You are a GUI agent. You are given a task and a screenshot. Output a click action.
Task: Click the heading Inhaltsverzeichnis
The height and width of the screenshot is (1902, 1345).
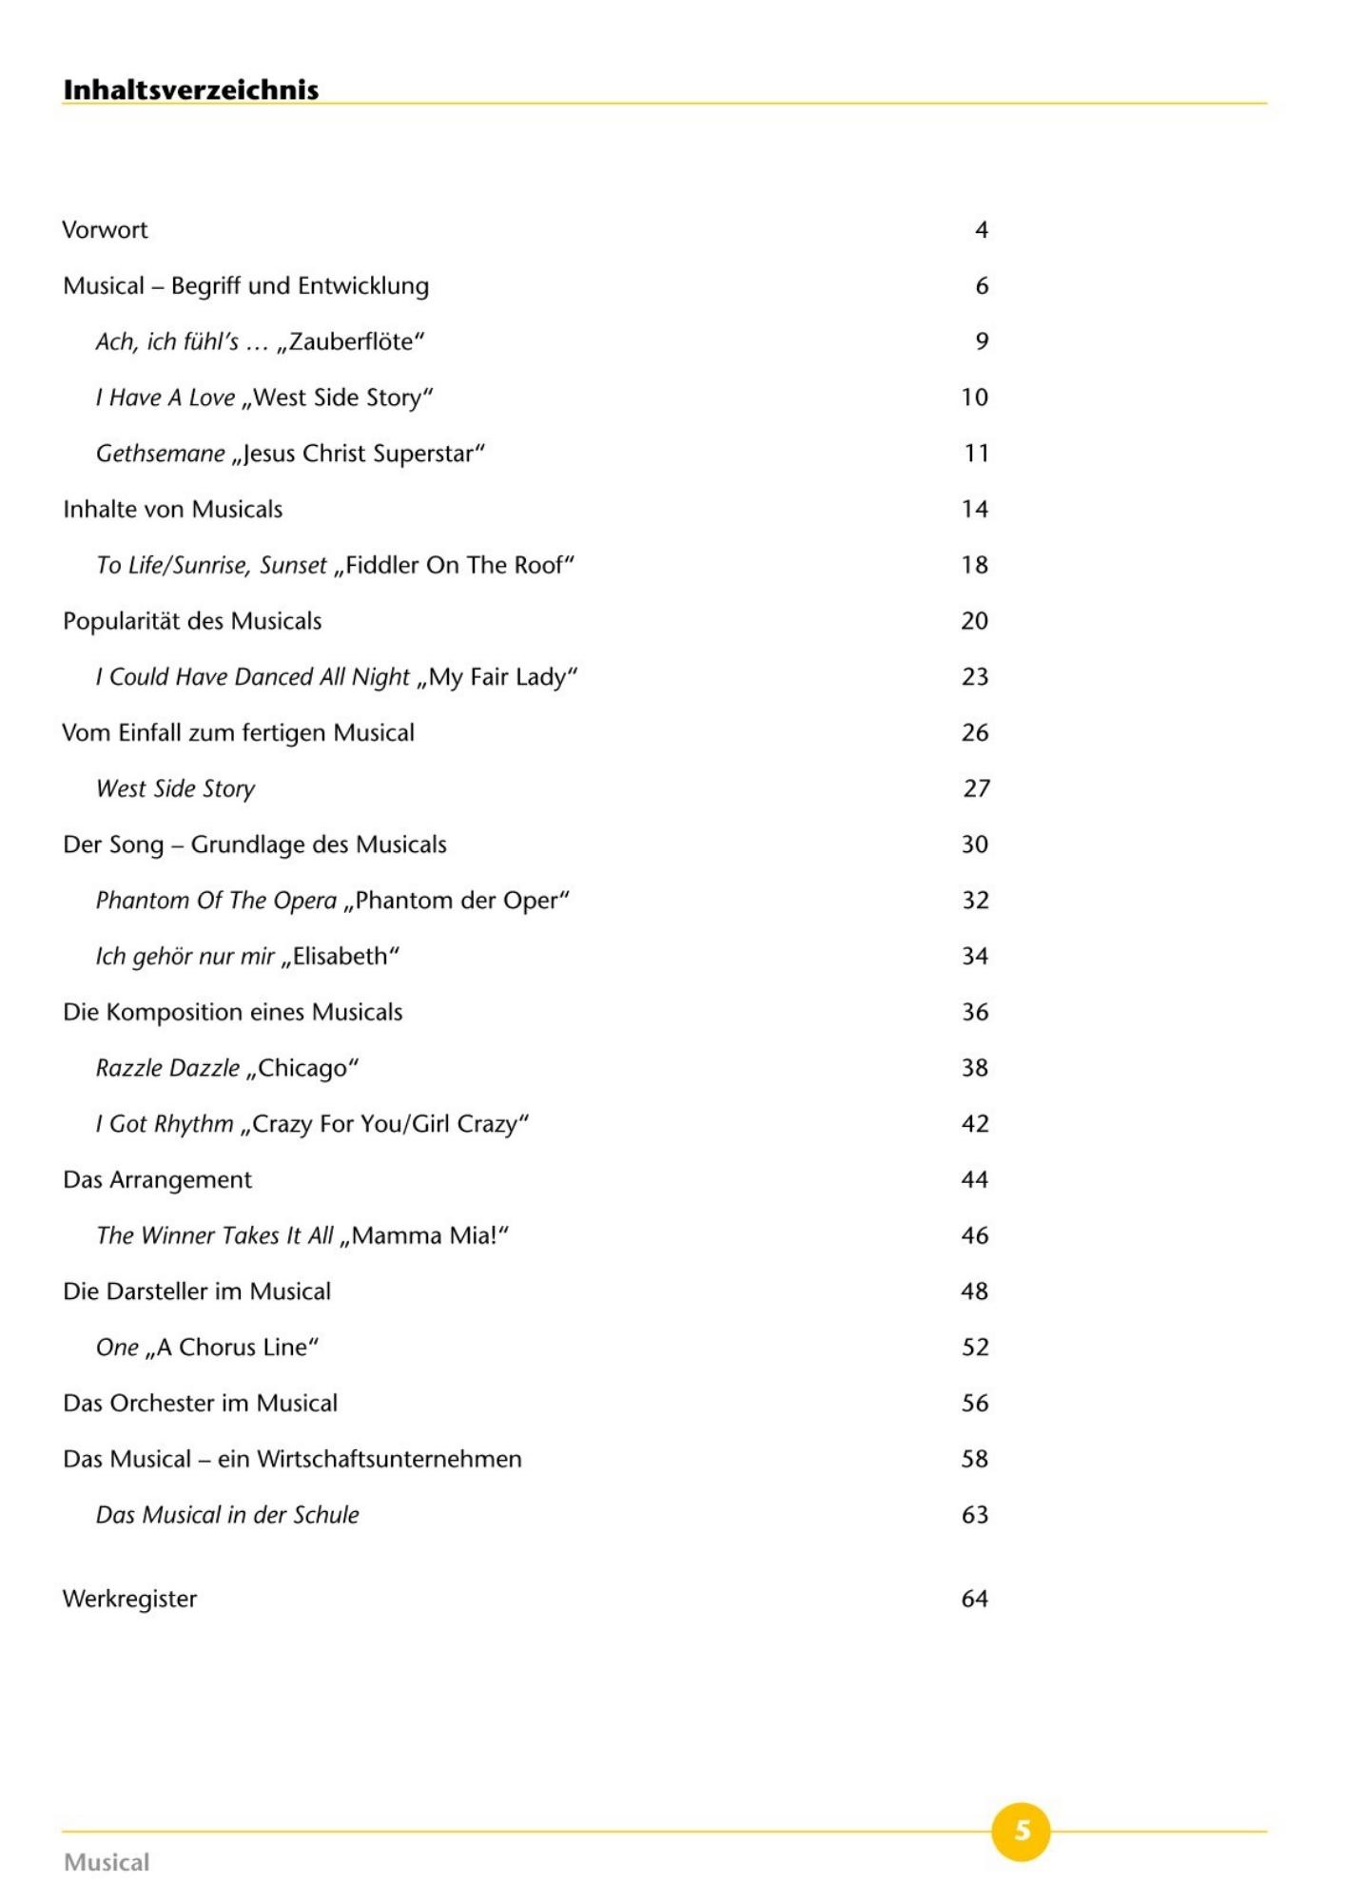tap(190, 89)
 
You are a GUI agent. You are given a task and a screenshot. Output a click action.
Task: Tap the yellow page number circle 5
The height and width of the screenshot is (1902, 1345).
tap(1021, 1830)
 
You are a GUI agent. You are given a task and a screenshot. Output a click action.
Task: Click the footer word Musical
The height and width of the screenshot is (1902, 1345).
tap(107, 1862)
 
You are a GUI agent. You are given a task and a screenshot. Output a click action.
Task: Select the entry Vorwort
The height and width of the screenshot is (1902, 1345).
tap(105, 230)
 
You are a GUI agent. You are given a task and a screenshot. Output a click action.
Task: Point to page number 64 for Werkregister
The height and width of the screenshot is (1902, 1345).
tap(974, 1599)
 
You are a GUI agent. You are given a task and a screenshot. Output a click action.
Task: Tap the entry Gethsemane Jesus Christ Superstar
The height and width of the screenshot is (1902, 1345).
tap(290, 454)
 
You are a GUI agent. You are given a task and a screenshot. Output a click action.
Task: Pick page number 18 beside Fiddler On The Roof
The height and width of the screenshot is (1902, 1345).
tap(974, 565)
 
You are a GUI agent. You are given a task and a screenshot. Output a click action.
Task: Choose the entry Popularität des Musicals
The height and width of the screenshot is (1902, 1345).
tap(192, 621)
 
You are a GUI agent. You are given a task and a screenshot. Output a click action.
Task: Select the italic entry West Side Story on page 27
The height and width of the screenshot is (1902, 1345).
tap(175, 789)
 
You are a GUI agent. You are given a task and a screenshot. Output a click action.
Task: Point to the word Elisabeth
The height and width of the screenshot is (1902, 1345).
tap(341, 957)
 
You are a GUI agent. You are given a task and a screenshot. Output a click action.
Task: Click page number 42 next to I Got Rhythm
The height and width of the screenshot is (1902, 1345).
tap(974, 1124)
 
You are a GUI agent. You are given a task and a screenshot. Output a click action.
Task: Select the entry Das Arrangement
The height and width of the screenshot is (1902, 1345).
tap(157, 1180)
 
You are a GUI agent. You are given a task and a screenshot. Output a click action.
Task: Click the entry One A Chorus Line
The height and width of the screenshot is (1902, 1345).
tap(206, 1348)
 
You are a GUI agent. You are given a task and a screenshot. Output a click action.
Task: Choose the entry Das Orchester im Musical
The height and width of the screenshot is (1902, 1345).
tap(200, 1404)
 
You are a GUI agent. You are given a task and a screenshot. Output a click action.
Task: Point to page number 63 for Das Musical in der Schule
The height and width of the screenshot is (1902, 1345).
tap(974, 1515)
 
